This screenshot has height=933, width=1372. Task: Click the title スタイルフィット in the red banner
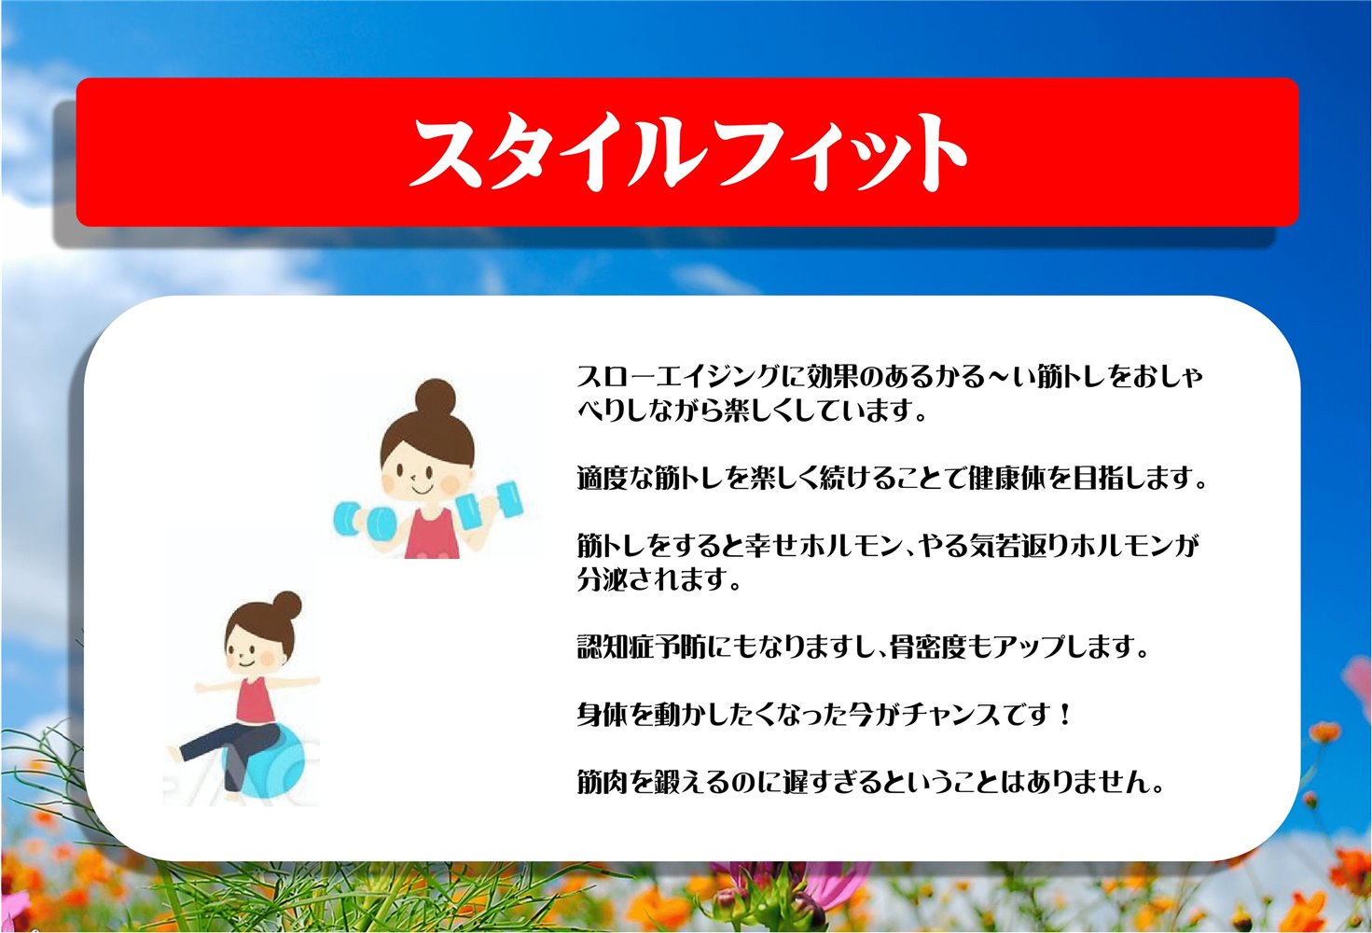click(x=687, y=152)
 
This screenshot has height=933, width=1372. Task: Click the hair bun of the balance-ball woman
click(x=286, y=606)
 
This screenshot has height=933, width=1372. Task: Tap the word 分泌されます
click(x=658, y=578)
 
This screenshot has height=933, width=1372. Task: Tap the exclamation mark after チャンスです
click(x=1066, y=715)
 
